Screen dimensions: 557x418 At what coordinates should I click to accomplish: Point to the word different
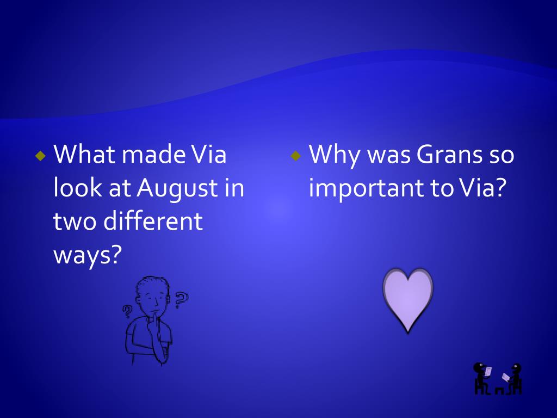[153, 221]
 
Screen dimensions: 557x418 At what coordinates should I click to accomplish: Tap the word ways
[88, 255]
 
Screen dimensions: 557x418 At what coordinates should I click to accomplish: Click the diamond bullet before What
[41, 156]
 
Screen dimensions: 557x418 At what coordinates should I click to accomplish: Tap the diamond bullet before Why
[295, 156]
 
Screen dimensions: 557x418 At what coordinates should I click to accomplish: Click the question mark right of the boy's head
[181, 299]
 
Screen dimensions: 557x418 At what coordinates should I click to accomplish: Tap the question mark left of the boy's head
[126, 311]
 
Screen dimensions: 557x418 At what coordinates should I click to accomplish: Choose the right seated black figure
[513, 379]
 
